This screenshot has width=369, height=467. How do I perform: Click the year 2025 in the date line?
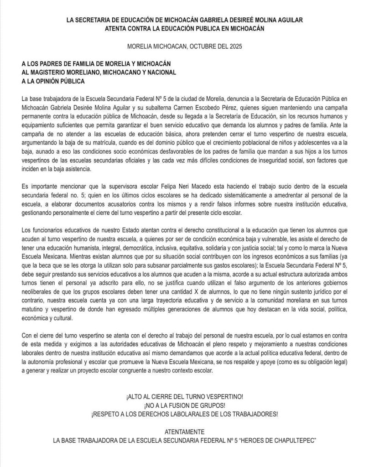tap(235, 47)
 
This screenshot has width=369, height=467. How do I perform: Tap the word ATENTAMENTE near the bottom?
tap(184, 431)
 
